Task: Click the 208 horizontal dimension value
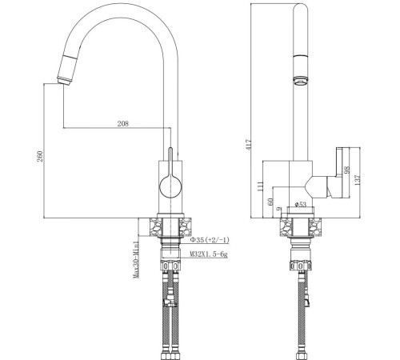123,124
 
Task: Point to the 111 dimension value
261,186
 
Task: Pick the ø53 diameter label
302,205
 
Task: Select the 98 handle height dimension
346,173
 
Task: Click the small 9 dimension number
280,210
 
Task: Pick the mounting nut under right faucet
302,264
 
